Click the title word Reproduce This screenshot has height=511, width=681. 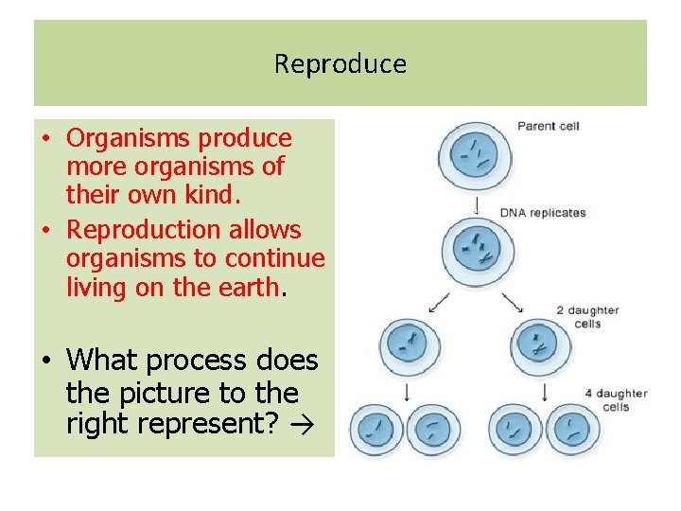pyautogui.click(x=340, y=64)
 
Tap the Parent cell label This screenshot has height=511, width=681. pyautogui.click(x=548, y=126)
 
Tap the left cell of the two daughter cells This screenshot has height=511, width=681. pyautogui.click(x=410, y=344)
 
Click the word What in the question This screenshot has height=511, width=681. pyautogui.click(x=97, y=361)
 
